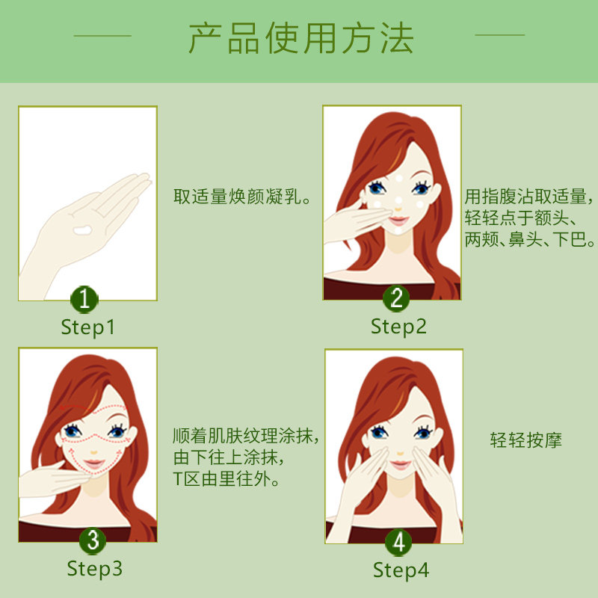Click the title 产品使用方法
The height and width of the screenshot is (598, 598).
click(300, 38)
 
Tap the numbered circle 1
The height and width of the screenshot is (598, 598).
click(84, 300)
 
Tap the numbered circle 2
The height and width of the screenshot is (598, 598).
click(396, 299)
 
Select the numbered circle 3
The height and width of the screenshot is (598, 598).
click(91, 540)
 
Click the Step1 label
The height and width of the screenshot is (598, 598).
click(88, 327)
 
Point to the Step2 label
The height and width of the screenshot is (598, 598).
click(398, 326)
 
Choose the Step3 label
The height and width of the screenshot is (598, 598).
click(94, 568)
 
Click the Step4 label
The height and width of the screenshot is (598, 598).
click(401, 570)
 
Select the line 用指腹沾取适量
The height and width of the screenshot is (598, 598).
click(528, 197)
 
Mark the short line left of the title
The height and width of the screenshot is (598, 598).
click(103, 35)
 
